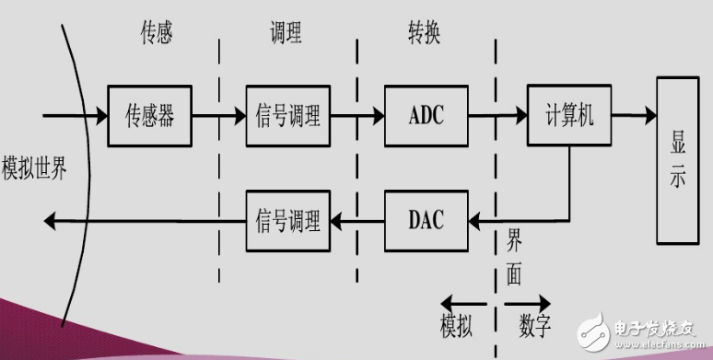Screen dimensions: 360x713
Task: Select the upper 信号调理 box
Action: [286, 116]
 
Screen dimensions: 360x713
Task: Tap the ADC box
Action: [426, 116]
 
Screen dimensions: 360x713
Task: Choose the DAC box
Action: [426, 220]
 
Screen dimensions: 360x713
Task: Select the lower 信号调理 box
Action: [286, 220]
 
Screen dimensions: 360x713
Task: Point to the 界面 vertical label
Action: [514, 258]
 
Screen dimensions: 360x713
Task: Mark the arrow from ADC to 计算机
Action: [497, 117]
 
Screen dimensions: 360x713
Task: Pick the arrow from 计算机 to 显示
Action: [633, 117]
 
